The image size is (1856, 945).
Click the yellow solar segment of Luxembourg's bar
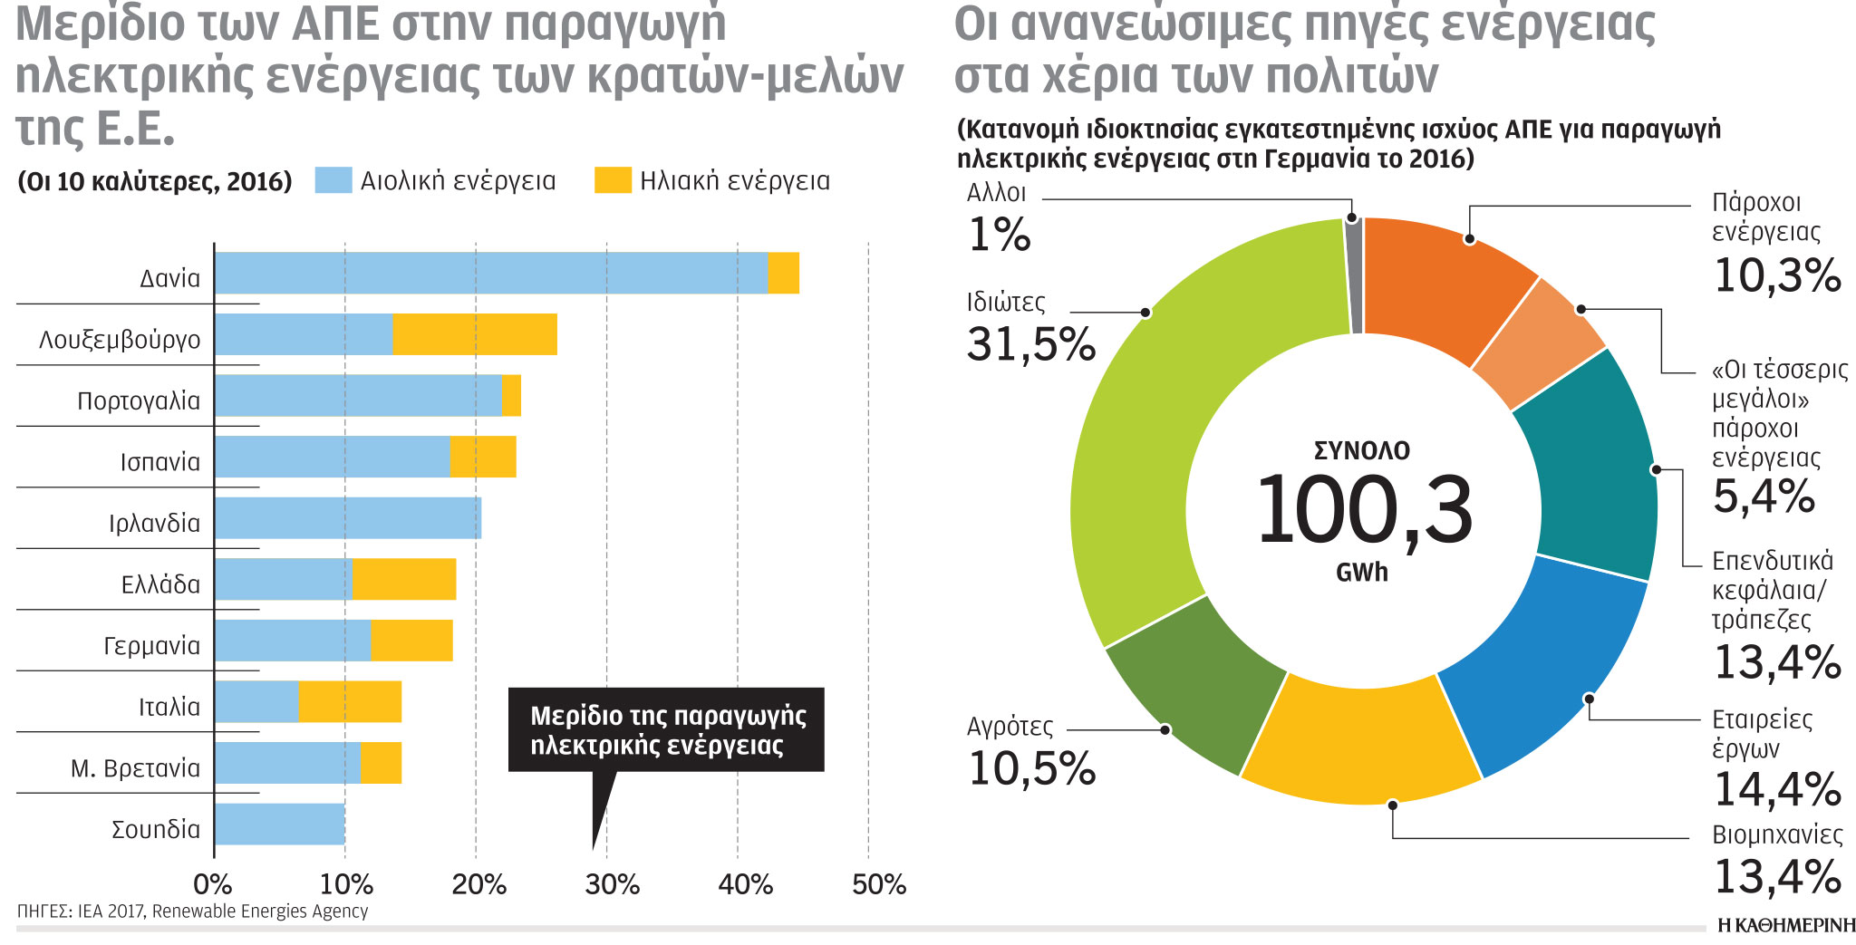[x=475, y=334]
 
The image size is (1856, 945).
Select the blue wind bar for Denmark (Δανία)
[x=489, y=273]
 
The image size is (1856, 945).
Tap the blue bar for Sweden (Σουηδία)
[x=279, y=824]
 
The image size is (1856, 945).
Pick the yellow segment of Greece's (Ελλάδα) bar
[x=404, y=579]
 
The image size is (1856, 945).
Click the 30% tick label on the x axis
[x=612, y=884]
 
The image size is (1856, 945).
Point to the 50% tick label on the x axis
[x=878, y=884]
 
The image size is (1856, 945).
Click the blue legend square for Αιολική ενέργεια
[x=333, y=180]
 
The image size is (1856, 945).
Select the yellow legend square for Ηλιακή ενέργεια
[x=613, y=180]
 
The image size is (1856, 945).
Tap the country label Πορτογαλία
[x=139, y=400]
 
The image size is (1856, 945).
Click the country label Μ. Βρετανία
[x=136, y=768]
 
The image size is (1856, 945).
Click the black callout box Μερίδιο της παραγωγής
[x=666, y=730]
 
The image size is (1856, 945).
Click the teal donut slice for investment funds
[x=1595, y=462]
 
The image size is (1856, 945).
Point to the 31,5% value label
[x=1031, y=344]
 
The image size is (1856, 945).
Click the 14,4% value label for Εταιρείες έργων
[x=1777, y=789]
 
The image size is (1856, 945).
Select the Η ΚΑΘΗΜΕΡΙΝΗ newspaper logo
[x=1786, y=925]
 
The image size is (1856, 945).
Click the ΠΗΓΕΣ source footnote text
[x=193, y=911]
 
